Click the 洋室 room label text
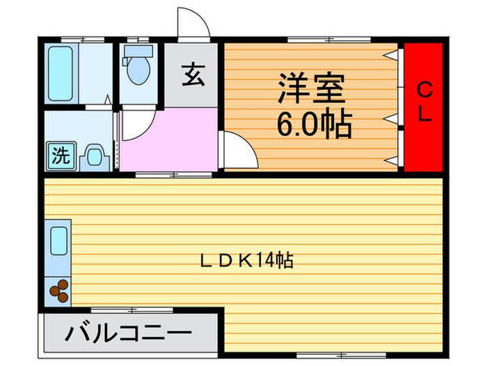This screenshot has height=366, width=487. pyautogui.click(x=312, y=91)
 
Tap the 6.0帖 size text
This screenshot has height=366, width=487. pyautogui.click(x=313, y=125)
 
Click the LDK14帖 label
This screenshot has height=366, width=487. pyautogui.click(x=246, y=261)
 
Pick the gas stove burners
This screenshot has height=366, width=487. pyautogui.click(x=58, y=290)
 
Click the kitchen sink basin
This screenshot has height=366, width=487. pyautogui.click(x=59, y=242)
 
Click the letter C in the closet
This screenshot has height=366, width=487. pyautogui.click(x=424, y=89)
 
